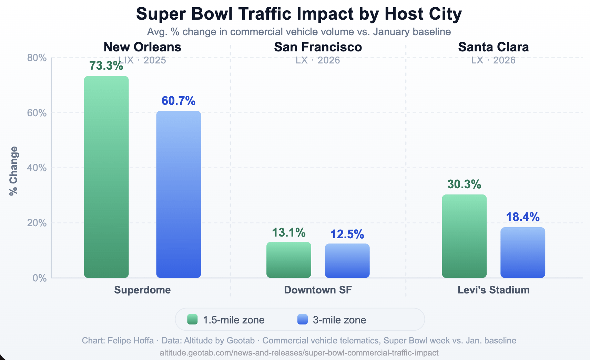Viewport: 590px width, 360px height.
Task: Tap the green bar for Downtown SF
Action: click(x=288, y=260)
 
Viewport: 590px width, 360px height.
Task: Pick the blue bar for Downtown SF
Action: click(x=347, y=261)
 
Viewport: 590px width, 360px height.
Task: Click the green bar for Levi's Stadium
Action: click(x=464, y=236)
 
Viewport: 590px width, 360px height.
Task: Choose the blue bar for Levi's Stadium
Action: click(x=523, y=252)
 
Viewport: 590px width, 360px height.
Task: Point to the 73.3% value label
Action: click(x=106, y=66)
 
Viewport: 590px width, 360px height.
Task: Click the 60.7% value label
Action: click(x=179, y=101)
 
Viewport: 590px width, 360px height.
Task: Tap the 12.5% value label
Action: click(x=347, y=234)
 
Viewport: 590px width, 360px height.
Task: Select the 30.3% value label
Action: click(x=464, y=184)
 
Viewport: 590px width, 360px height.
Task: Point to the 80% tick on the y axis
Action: click(x=37, y=58)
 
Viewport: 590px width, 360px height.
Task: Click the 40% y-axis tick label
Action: click(x=37, y=168)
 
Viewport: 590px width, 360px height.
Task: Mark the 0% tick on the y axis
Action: click(x=39, y=278)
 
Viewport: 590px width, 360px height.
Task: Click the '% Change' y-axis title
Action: click(x=14, y=171)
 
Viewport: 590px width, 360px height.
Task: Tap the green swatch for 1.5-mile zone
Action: click(x=192, y=320)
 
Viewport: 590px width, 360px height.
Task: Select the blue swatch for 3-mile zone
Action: click(x=302, y=320)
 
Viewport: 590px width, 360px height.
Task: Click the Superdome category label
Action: click(x=142, y=290)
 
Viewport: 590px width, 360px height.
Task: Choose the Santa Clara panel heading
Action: click(x=493, y=47)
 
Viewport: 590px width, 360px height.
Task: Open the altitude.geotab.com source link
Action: click(x=299, y=353)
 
